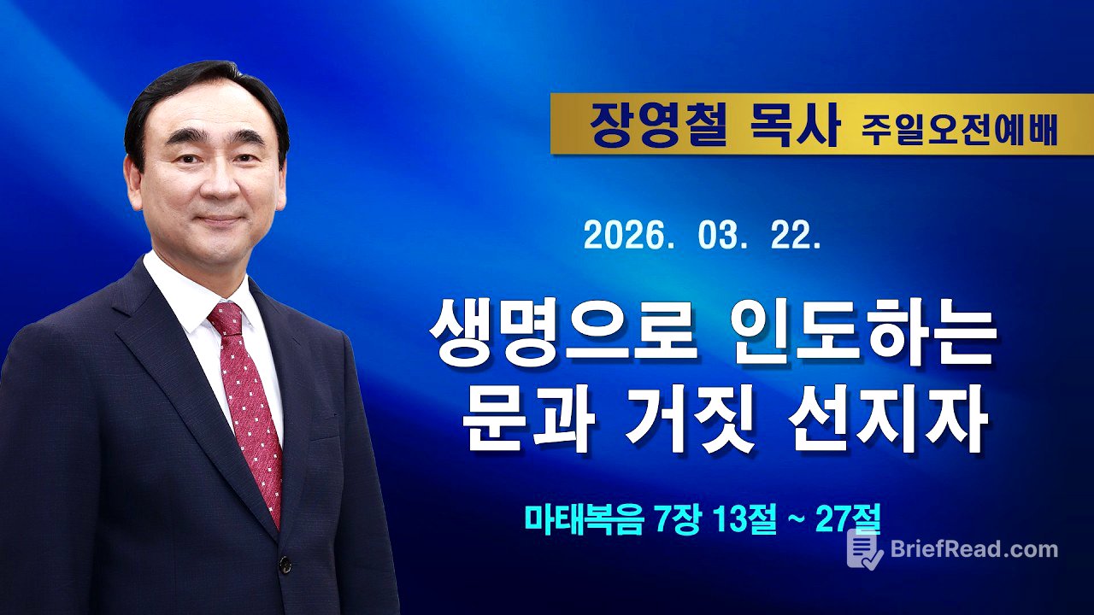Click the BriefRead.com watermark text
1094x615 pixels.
973,549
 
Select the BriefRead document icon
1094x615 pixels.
863,549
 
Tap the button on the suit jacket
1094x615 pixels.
285,565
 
